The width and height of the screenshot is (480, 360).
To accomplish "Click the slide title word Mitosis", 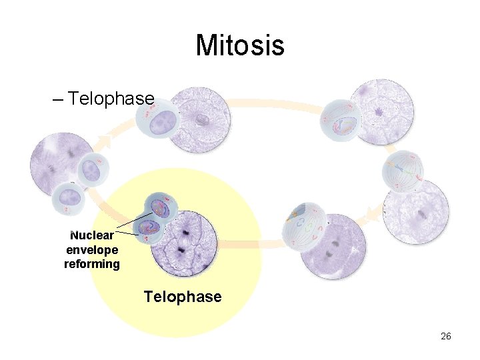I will click(240, 46).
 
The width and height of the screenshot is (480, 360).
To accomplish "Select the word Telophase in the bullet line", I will click(111, 99).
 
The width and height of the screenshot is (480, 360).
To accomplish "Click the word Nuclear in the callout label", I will click(92, 235).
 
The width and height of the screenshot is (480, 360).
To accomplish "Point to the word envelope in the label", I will click(92, 249).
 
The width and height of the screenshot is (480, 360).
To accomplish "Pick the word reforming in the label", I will click(92, 264).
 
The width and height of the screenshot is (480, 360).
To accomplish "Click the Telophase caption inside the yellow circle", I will click(183, 296).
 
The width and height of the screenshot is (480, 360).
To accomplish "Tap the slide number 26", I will click(446, 336).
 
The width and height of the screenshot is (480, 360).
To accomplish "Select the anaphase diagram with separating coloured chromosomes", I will click(305, 225).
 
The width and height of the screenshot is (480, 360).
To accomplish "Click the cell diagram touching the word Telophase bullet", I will click(157, 120).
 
